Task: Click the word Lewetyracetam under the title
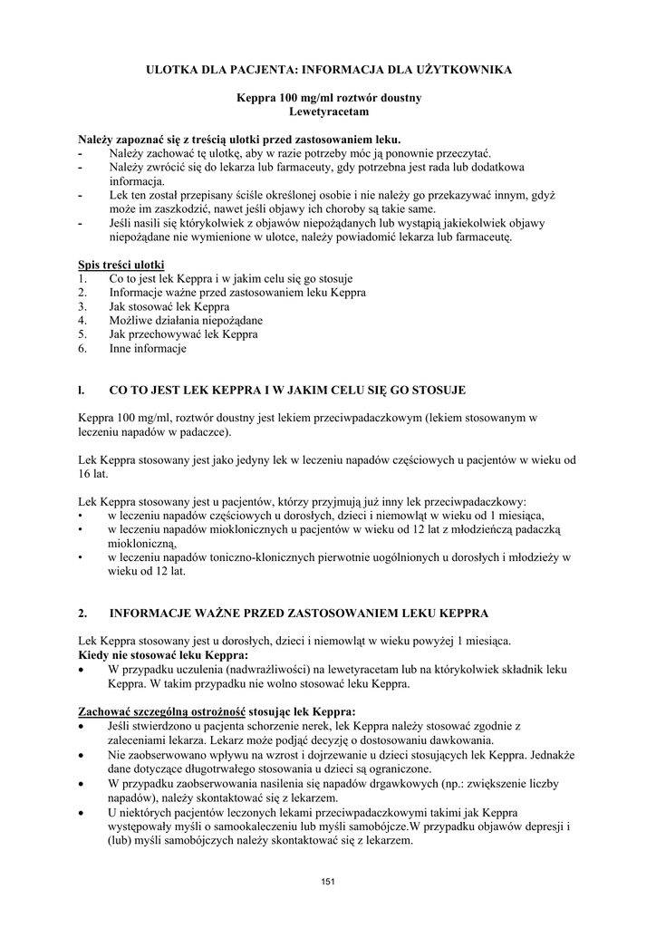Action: pyautogui.click(x=328, y=112)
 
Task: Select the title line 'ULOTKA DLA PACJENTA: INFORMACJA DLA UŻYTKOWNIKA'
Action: pyautogui.click(x=328, y=69)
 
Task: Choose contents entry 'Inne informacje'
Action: pyautogui.click(x=147, y=348)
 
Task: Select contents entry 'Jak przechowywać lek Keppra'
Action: pyautogui.click(x=183, y=334)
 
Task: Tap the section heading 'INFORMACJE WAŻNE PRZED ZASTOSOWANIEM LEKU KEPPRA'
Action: pyautogui.click(x=298, y=614)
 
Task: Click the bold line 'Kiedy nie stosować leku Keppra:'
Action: pyautogui.click(x=163, y=654)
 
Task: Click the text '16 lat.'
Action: pyautogui.click(x=93, y=474)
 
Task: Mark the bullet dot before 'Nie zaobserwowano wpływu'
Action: pyautogui.click(x=82, y=754)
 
